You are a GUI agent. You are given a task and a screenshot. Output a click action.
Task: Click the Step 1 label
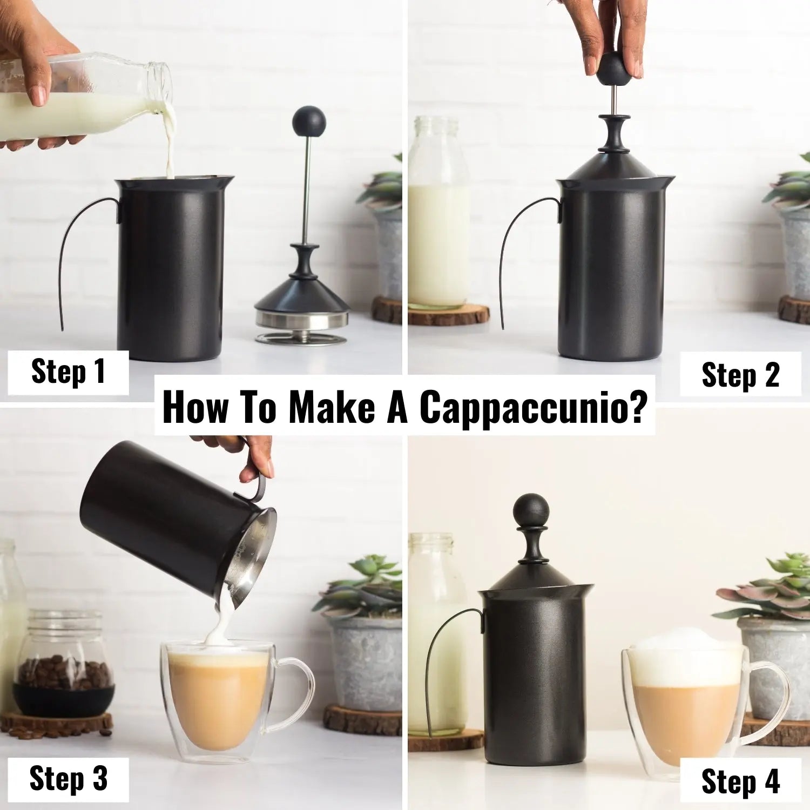pyautogui.click(x=68, y=372)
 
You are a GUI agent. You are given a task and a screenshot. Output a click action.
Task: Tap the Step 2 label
pyautogui.click(x=740, y=374)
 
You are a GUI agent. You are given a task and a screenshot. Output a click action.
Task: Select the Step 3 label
pyautogui.click(x=68, y=779)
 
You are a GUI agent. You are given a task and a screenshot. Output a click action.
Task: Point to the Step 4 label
pyautogui.click(x=740, y=781)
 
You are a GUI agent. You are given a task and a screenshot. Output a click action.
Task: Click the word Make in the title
pyautogui.click(x=332, y=407)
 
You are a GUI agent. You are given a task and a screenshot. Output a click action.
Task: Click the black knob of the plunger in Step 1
pyautogui.click(x=309, y=122)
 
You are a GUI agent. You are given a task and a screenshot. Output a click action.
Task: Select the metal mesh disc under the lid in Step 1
pyautogui.click(x=301, y=339)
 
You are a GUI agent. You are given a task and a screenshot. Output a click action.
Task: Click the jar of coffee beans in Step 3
pyautogui.click(x=64, y=664)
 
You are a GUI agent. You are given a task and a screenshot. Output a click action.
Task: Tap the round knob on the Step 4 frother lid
pyautogui.click(x=531, y=511)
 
